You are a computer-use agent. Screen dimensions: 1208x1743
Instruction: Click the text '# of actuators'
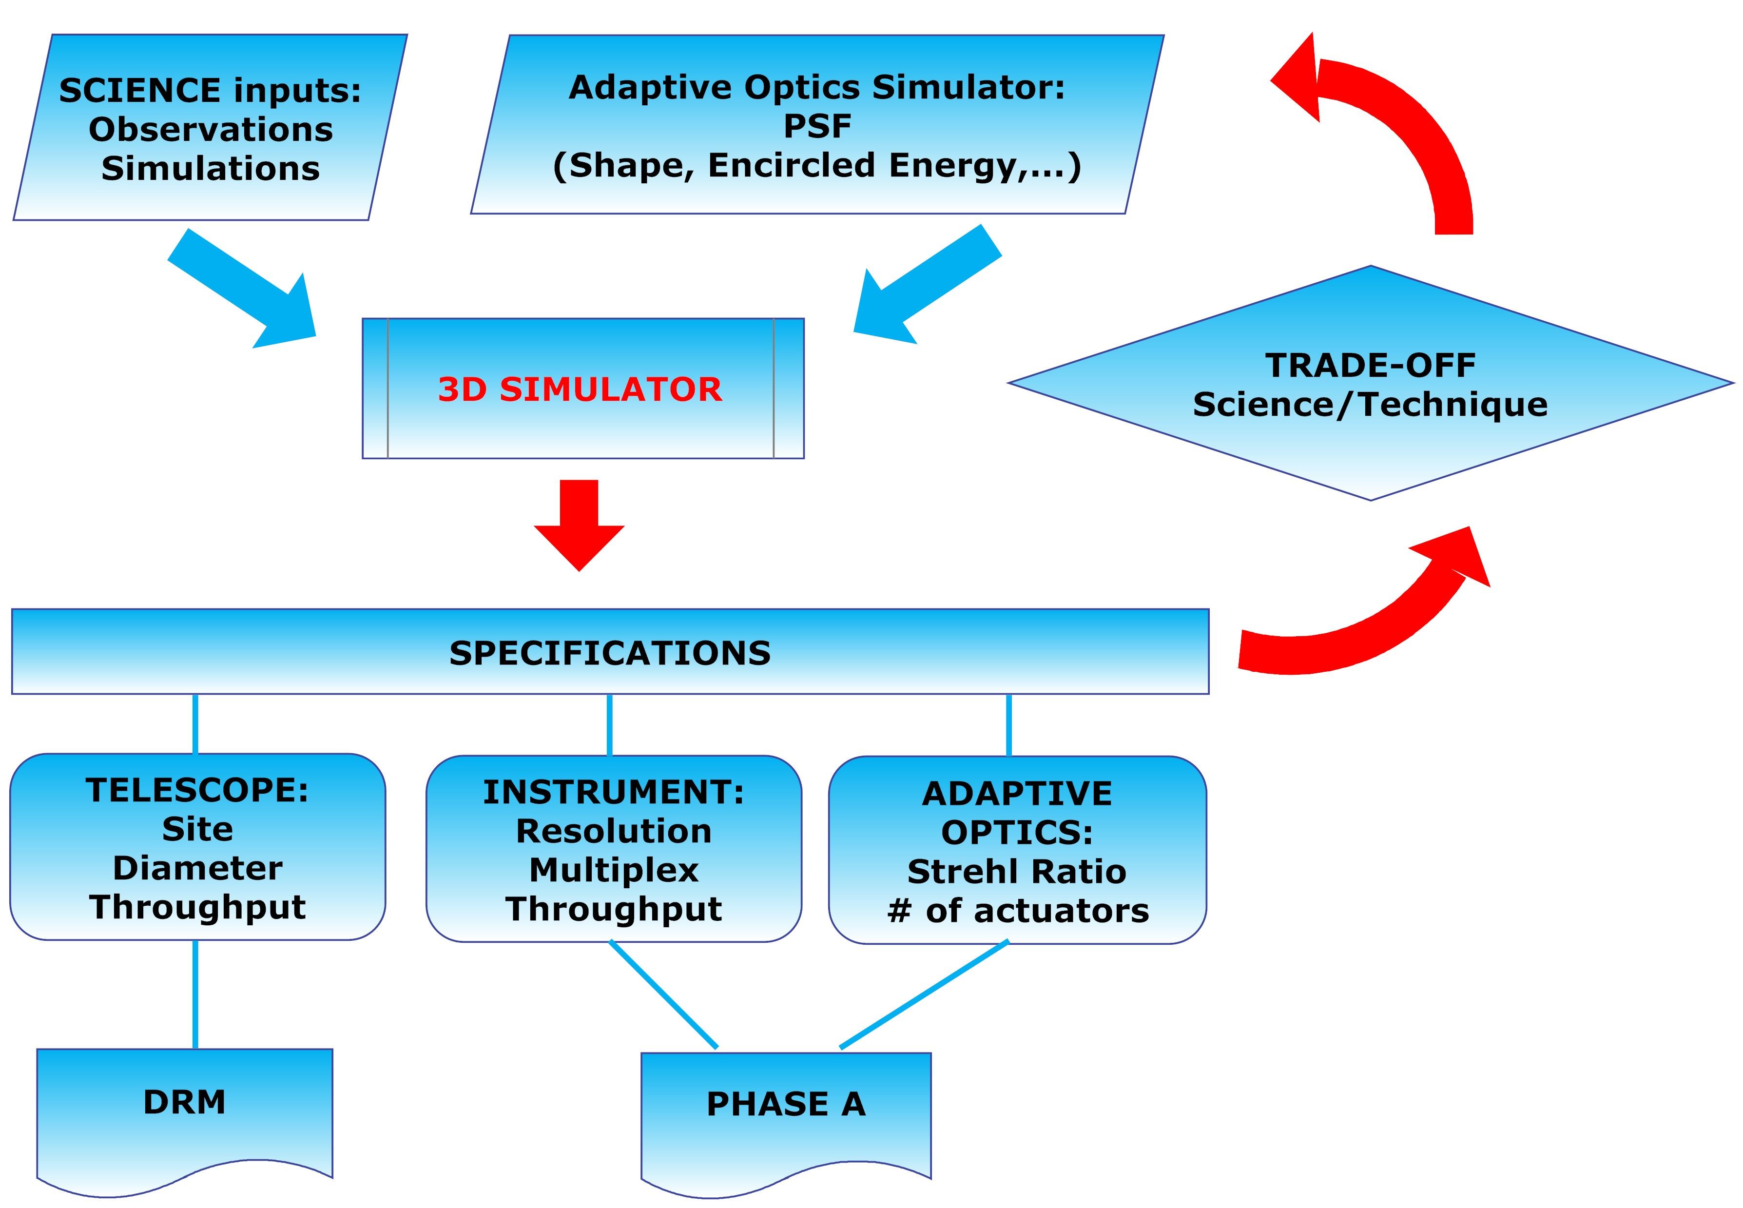click(1018, 911)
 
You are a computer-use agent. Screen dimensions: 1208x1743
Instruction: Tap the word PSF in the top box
click(817, 126)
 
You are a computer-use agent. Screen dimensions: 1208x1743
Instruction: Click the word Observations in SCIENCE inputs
click(211, 130)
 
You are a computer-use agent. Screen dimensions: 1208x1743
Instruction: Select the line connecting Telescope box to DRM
click(195, 994)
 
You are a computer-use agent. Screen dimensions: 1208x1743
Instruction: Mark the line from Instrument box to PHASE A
click(663, 994)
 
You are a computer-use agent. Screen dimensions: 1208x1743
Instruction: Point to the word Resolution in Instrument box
click(614, 831)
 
